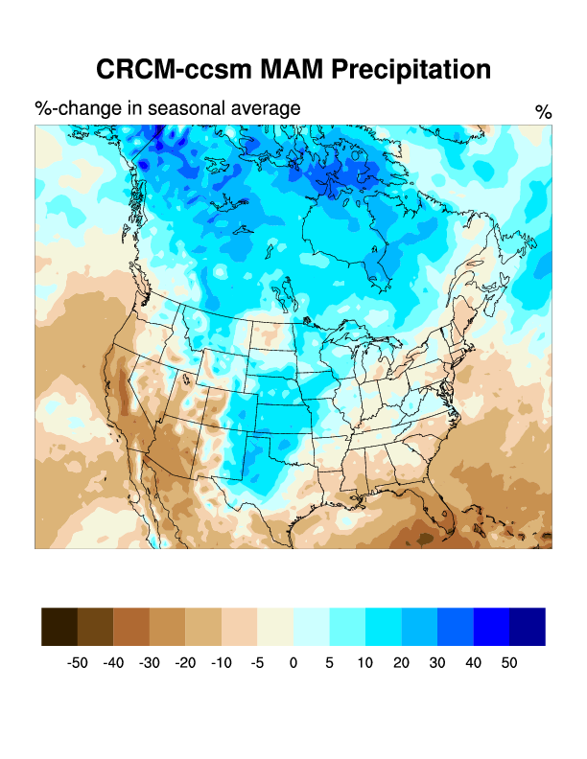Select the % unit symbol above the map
[x=543, y=112]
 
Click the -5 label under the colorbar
[x=257, y=663]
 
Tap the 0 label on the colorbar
[x=293, y=663]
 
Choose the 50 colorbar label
[x=509, y=663]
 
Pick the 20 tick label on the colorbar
[x=401, y=663]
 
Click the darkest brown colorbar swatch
[x=59, y=627]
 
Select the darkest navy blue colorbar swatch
[x=528, y=627]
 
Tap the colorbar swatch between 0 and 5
[x=311, y=627]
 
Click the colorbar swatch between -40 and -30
[x=131, y=627]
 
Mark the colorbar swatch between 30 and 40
[x=455, y=627]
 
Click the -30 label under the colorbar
[x=150, y=663]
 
